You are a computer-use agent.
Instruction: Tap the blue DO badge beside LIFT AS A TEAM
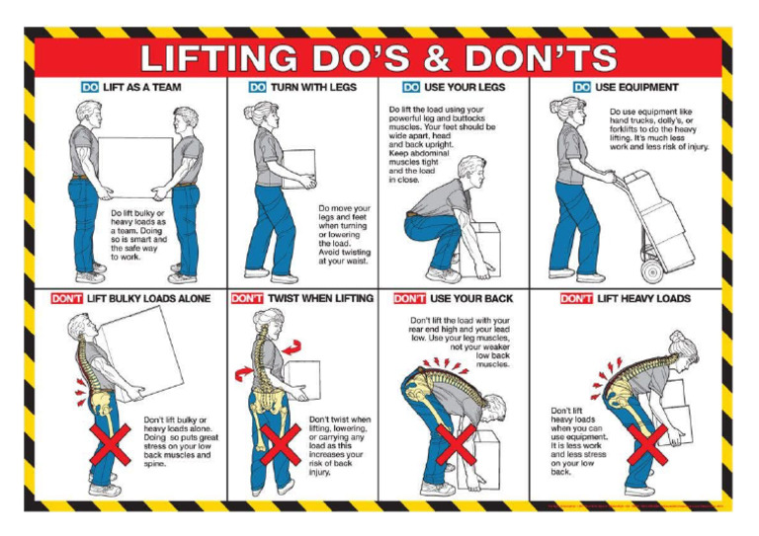point(90,87)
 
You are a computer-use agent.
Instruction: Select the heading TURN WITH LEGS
point(315,87)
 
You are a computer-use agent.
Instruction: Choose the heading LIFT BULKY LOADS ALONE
point(148,298)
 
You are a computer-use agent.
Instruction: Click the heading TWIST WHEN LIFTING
point(320,298)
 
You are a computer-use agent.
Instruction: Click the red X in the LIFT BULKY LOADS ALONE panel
point(110,445)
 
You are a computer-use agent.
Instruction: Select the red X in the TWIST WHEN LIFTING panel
point(280,445)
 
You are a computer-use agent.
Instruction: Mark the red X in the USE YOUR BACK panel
point(456,445)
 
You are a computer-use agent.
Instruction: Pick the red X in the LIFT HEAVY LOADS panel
point(648,446)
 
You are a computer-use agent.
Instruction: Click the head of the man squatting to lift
point(472,171)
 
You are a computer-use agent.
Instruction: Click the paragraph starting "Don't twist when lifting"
point(340,444)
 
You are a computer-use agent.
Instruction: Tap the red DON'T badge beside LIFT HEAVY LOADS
point(576,298)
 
